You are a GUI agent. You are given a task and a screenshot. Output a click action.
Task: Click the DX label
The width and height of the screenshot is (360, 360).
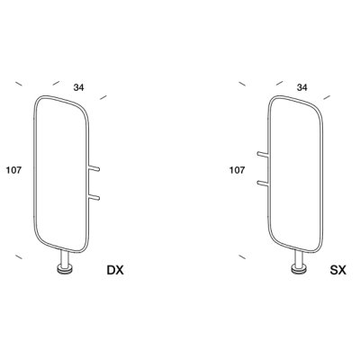(x=115, y=270)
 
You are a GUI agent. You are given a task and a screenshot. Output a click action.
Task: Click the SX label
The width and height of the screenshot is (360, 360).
(x=338, y=270)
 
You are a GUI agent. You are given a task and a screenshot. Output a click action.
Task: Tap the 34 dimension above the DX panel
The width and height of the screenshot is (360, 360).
(x=79, y=87)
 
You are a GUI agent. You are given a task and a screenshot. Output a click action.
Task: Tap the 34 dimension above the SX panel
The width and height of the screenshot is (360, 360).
(x=302, y=87)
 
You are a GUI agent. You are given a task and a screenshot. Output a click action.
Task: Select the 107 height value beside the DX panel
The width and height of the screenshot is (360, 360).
(x=13, y=170)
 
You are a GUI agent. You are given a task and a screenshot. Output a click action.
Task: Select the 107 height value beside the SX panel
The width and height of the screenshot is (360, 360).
(x=237, y=170)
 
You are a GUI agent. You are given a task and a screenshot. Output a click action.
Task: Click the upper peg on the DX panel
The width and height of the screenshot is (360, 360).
(x=94, y=168)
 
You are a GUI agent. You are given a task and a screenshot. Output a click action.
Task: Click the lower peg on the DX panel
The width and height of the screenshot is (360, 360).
(x=94, y=197)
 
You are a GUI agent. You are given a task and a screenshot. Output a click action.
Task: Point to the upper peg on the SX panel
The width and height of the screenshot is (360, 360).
(x=263, y=155)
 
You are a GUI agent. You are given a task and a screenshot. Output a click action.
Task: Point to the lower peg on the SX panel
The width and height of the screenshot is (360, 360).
(x=263, y=183)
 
